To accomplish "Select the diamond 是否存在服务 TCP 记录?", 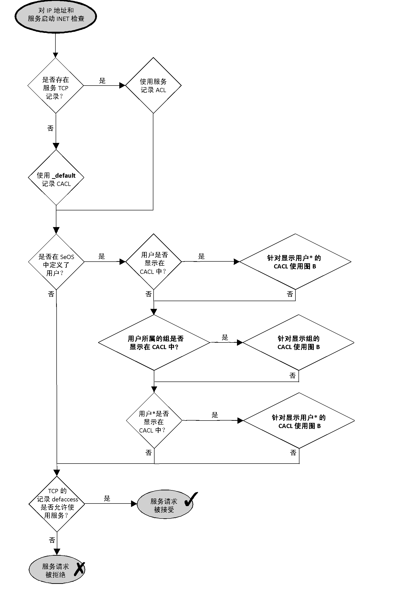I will pyautogui.click(x=55, y=85).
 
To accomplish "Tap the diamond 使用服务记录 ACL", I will pyautogui.click(x=153, y=85).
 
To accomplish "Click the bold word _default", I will pyautogui.click(x=64, y=176).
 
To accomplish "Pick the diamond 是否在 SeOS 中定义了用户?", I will pyautogui.click(x=56, y=262).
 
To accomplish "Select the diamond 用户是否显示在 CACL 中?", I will pyautogui.click(x=154, y=262).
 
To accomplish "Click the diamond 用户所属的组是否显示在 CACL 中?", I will pyautogui.click(x=154, y=342).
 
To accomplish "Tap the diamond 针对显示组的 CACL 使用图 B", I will pyautogui.click(x=298, y=342).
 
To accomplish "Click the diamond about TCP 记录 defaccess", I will pyautogui.click(x=57, y=504).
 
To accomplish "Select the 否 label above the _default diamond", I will pyautogui.click(x=50, y=128).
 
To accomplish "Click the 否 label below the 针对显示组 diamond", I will pyautogui.click(x=292, y=376).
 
